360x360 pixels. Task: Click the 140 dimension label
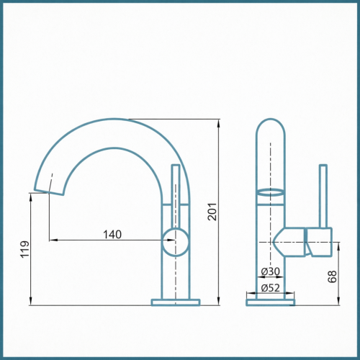(112, 234)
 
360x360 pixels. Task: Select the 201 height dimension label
(212, 212)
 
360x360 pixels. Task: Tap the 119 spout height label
(24, 250)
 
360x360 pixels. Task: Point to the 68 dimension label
(332, 276)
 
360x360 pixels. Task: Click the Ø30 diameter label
(271, 271)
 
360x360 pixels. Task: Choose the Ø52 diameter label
(271, 287)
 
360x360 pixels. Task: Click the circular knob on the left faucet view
(176, 242)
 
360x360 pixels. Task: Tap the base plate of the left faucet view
(176, 302)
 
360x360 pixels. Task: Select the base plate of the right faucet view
(271, 302)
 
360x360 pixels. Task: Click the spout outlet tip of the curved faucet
(49, 192)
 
